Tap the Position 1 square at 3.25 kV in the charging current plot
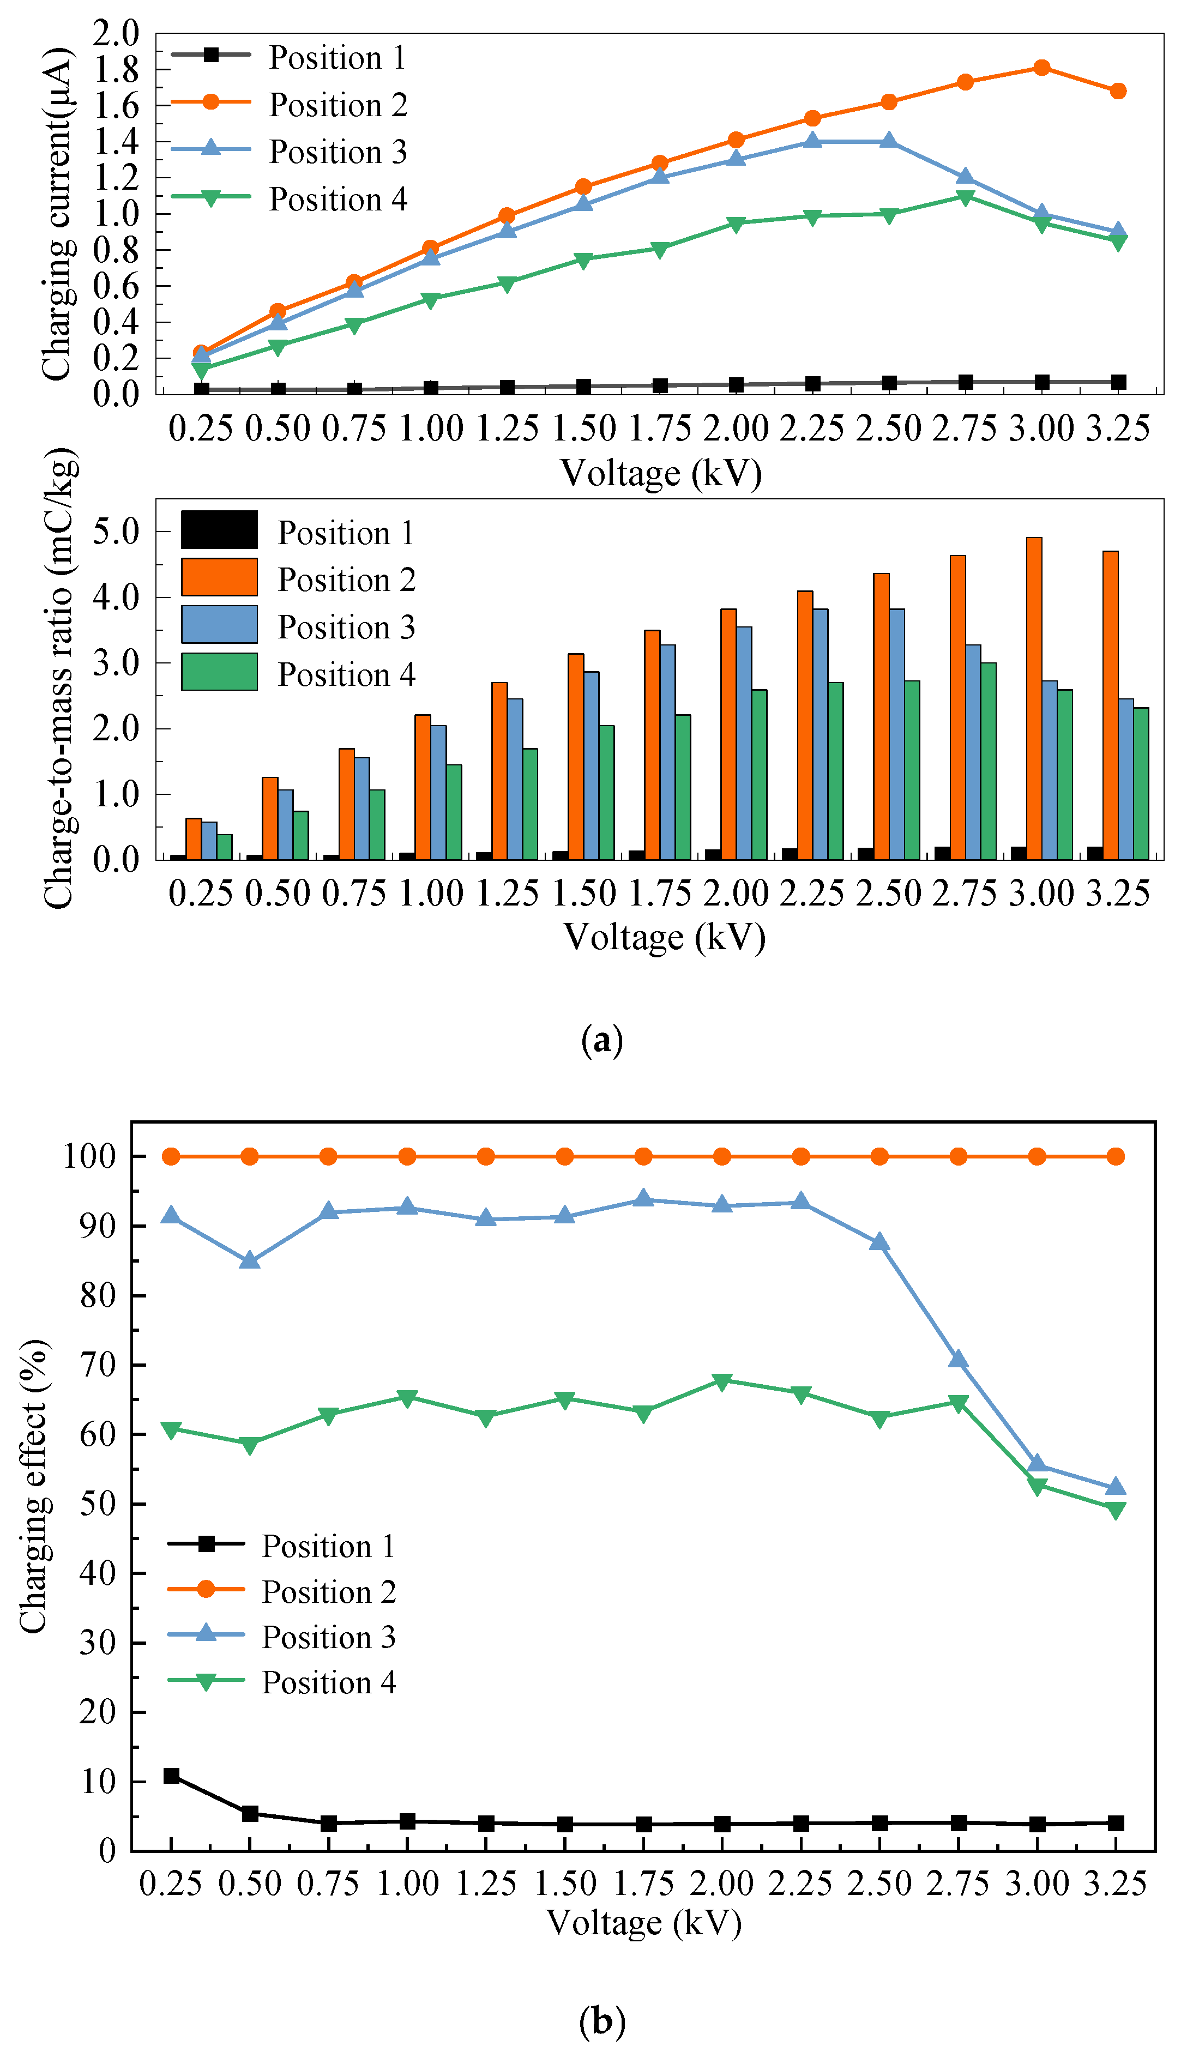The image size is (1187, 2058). (1118, 382)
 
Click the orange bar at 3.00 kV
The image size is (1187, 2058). (1034, 698)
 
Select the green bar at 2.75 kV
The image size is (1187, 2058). (988, 761)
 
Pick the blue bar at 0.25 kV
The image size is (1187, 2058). (209, 840)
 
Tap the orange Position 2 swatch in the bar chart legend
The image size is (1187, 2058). (219, 577)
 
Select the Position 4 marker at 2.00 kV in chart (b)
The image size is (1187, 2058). (721, 1381)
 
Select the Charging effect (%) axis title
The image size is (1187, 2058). (34, 1487)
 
